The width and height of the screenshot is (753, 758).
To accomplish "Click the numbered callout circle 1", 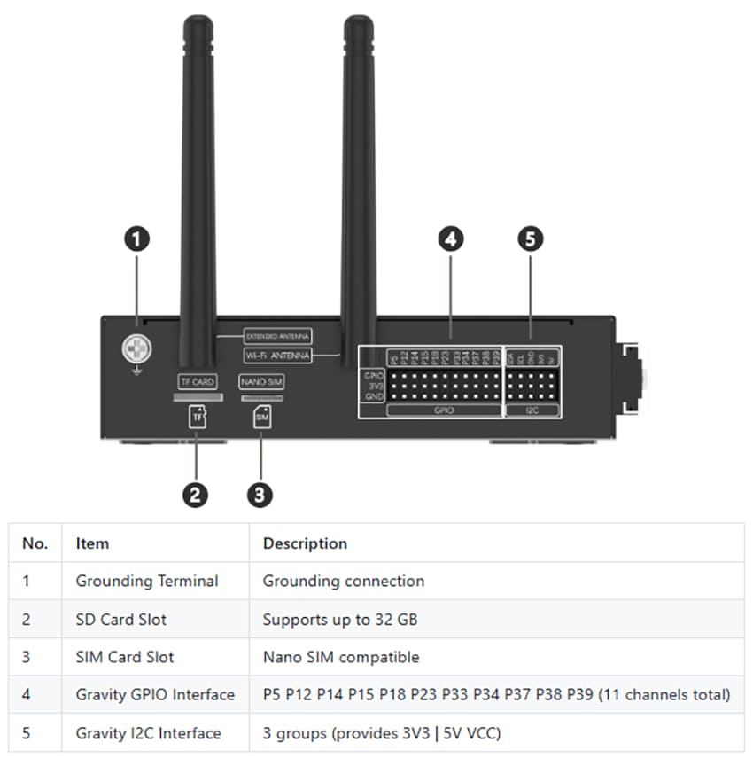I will pos(136,238).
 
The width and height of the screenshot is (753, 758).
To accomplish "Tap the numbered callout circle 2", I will pos(195,495).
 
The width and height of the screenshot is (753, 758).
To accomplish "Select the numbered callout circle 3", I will pos(259,495).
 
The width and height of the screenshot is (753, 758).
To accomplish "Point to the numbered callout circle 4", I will pos(451,238).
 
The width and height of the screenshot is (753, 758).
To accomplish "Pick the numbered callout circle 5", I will pos(530,238).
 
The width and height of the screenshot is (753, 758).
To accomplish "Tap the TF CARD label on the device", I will pos(198,382).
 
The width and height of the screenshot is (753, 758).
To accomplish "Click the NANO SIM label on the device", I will pos(261,382).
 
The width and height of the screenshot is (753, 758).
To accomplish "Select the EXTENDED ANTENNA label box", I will pos(277,336).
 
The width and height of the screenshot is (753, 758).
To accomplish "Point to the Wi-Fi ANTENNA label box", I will pos(277,356).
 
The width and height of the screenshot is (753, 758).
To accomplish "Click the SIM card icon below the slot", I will pos(261,416).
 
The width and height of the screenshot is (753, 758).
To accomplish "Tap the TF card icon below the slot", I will pos(198,416).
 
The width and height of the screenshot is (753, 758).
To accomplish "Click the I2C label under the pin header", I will pos(532,410).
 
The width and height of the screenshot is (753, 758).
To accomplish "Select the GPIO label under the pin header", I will pos(444,410).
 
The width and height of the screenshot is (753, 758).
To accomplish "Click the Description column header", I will pos(305,543).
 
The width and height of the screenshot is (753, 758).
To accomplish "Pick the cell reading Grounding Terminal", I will pos(147,582).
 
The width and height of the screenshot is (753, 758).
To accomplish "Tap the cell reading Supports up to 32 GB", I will pos(339,620).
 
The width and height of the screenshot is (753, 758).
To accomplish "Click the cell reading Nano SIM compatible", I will pos(341,658).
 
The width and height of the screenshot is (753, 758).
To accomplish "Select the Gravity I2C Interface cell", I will pos(148,733).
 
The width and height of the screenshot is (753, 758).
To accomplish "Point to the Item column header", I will pos(92,543).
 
